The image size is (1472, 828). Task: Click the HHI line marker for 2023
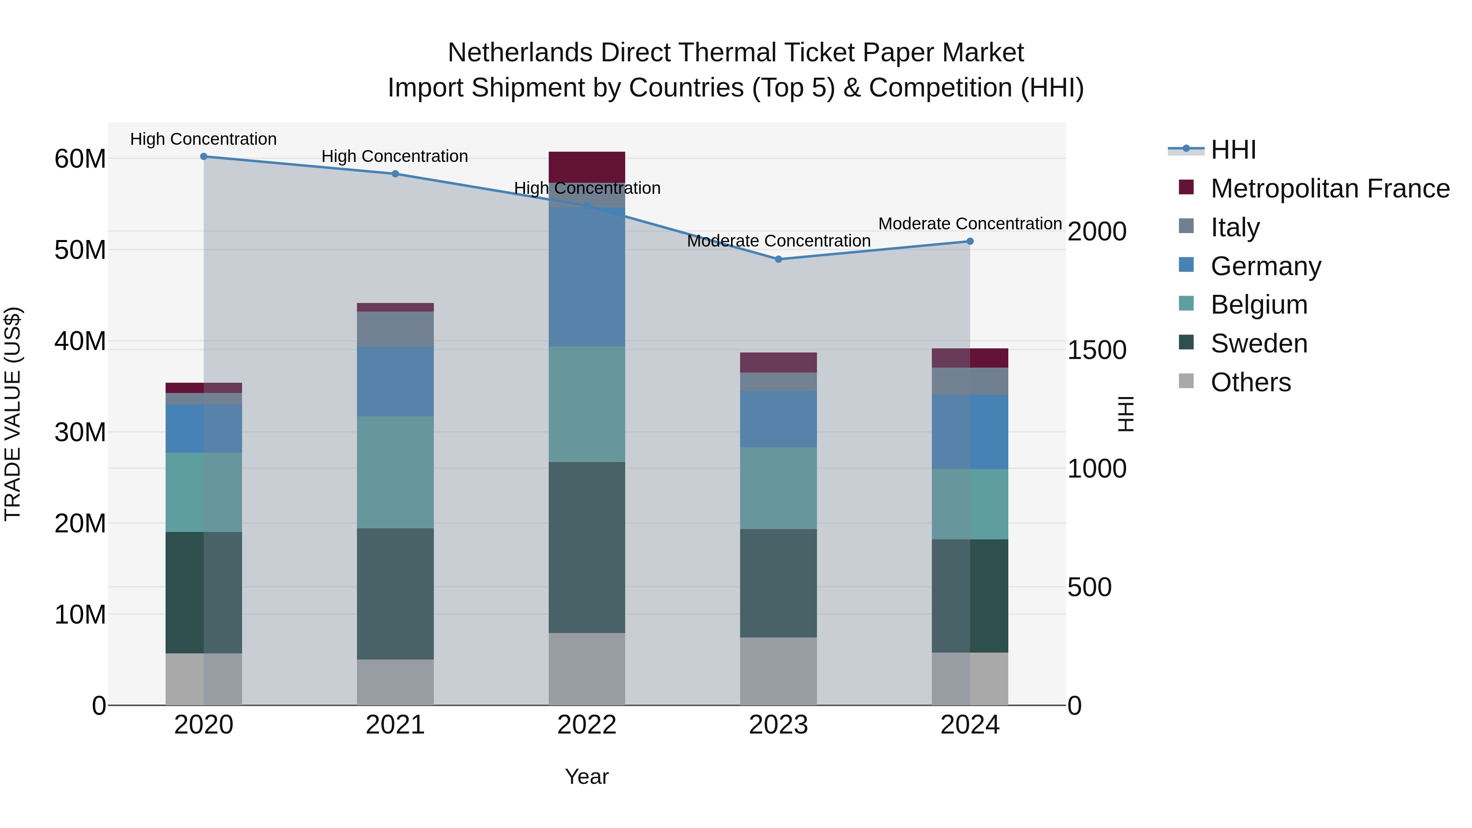point(778,259)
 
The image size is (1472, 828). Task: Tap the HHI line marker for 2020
point(204,156)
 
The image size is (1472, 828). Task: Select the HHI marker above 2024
point(970,241)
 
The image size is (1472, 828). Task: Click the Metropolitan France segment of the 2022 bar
point(586,167)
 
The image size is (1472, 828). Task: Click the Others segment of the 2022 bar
point(586,669)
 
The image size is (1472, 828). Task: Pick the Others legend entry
point(1250,382)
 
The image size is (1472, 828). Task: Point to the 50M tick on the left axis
point(80,250)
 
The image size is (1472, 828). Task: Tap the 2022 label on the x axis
point(586,725)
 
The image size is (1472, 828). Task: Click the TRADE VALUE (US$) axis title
point(13,414)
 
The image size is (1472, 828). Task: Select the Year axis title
point(586,776)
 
